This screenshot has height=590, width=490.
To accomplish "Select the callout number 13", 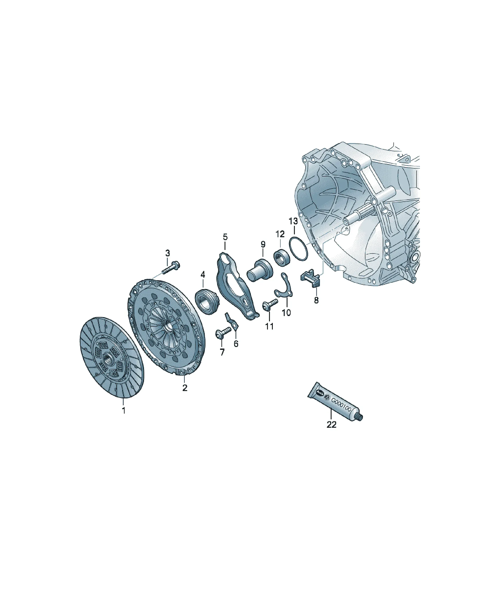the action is [x=293, y=221].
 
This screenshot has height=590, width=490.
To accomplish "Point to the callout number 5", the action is [x=225, y=237].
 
